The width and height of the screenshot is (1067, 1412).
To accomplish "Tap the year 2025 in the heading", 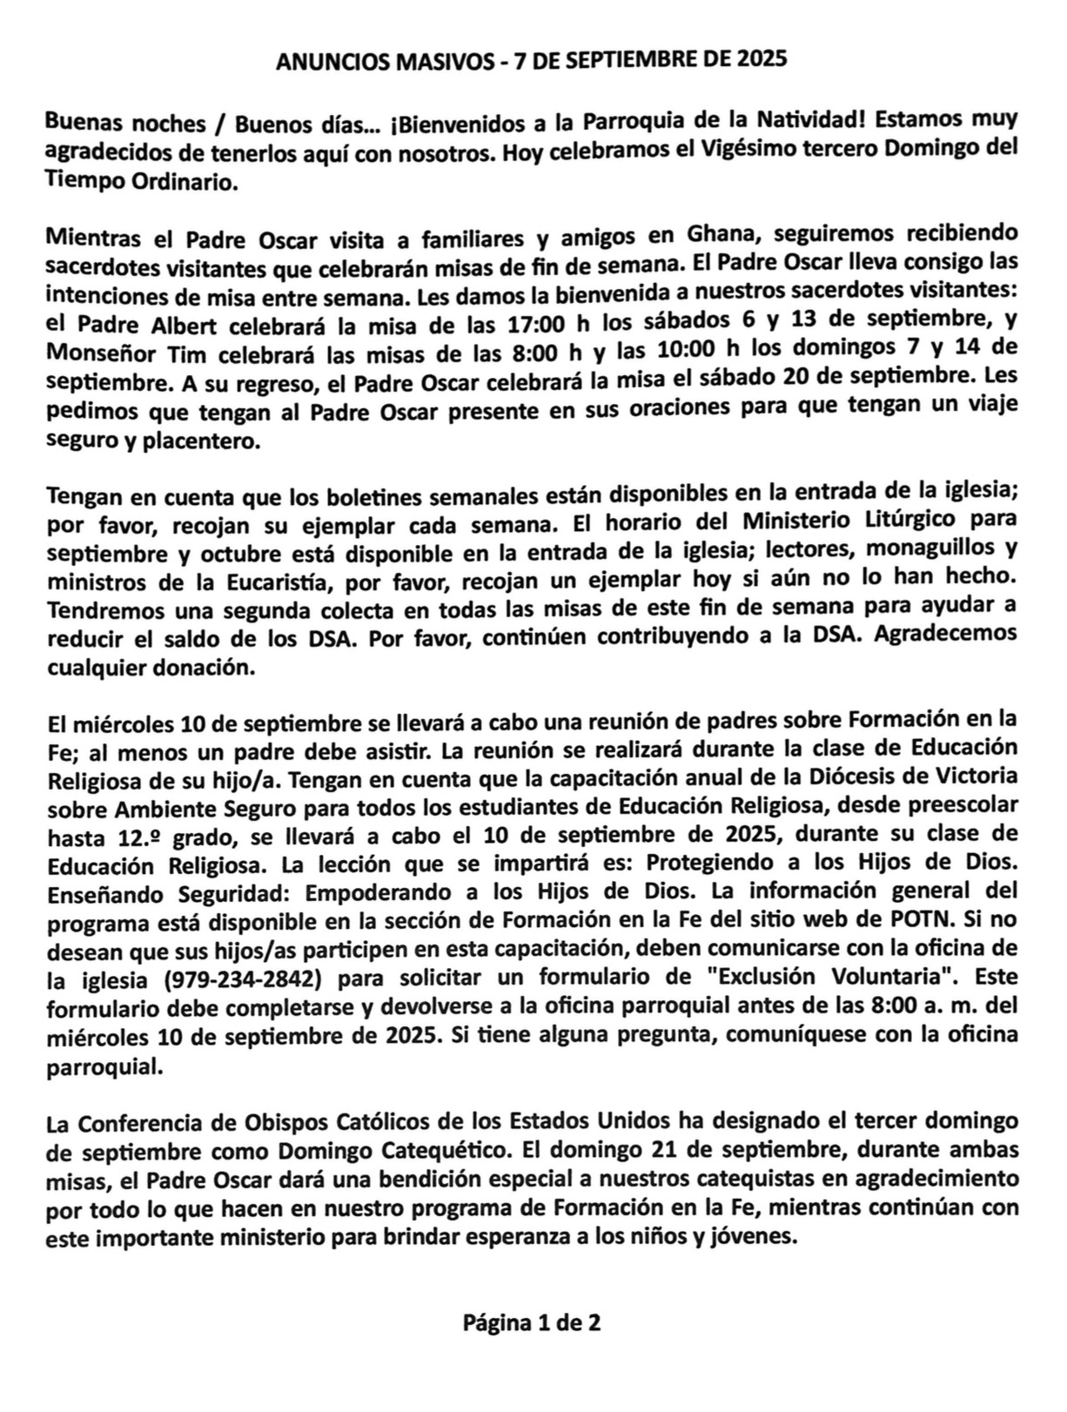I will click(762, 59).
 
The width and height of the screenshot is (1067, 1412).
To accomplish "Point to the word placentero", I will click(200, 440).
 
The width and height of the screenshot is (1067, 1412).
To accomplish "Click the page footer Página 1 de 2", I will click(531, 1323).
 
